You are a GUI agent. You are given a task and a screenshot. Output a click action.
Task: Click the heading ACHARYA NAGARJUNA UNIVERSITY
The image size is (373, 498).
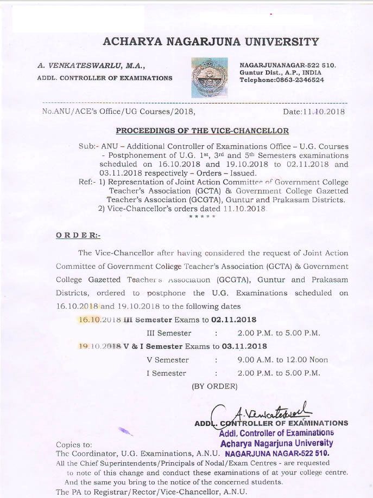pyautogui.click(x=210, y=42)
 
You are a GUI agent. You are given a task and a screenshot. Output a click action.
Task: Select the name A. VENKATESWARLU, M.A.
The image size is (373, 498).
pyautogui.click(x=91, y=66)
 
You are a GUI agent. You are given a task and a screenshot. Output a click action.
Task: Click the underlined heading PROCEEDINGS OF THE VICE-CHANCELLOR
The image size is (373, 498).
pyautogui.click(x=202, y=131)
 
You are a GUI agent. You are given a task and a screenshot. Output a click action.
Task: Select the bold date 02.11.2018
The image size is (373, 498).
pyautogui.click(x=234, y=320)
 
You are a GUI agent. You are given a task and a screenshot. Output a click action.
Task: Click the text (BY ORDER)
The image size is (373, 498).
pyautogui.click(x=214, y=386)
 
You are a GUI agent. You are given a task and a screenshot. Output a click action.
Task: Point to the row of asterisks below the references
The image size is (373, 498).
pyautogui.click(x=202, y=217)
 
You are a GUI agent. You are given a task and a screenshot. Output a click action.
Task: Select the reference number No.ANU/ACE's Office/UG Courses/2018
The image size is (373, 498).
pyautogui.click(x=118, y=112)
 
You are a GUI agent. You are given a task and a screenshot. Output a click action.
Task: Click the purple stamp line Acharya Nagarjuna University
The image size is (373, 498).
pyautogui.click(x=276, y=443)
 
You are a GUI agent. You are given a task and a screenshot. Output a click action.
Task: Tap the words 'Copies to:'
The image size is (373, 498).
pyautogui.click(x=74, y=444)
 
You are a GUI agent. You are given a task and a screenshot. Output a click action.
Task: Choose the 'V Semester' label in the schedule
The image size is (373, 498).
pyautogui.click(x=168, y=360)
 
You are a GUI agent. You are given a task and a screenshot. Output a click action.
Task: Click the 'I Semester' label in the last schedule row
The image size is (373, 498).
pyautogui.click(x=166, y=373)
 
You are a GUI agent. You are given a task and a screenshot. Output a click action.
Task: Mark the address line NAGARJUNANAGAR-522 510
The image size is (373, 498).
pyautogui.click(x=288, y=65)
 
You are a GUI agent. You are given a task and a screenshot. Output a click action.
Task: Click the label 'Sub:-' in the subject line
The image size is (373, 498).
pyautogui.click(x=87, y=146)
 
